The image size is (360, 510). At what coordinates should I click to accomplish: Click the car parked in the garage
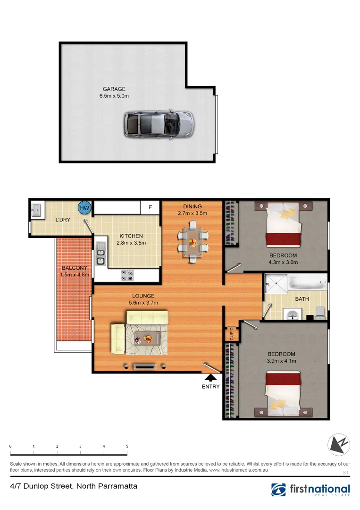pos(159,124)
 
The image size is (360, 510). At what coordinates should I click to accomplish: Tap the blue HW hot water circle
pos(84,207)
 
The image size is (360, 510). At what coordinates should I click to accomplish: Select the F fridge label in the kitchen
pos(151,207)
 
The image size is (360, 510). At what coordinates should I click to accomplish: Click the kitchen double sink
pos(100,254)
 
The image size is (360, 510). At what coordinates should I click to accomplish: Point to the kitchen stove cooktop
pos(127,275)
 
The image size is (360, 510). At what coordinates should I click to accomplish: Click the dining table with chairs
pos(193,243)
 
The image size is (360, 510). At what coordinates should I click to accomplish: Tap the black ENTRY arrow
pos(210,377)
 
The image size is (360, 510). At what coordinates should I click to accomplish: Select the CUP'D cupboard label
pos(232,333)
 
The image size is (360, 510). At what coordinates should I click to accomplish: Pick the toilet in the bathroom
pos(320,311)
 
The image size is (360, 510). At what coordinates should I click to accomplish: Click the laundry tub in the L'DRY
pos(36,209)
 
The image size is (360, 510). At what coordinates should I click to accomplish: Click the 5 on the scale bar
pos(127,446)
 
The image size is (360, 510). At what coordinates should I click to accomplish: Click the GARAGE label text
pos(114,89)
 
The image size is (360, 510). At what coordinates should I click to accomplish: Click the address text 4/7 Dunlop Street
pos(74,486)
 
